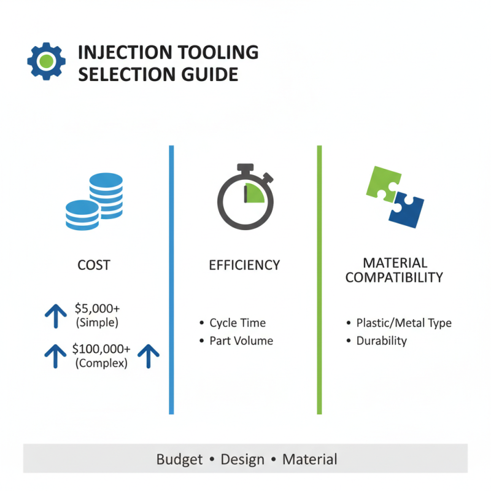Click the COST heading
[94, 265]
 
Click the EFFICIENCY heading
[244, 265]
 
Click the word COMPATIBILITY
[394, 277]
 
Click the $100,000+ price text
[101, 349]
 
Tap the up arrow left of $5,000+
[56, 315]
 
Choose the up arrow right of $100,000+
[148, 355]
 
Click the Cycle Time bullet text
[238, 323]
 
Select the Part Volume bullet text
[241, 341]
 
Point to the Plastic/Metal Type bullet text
[404, 323]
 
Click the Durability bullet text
[381, 341]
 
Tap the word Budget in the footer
[180, 458]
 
